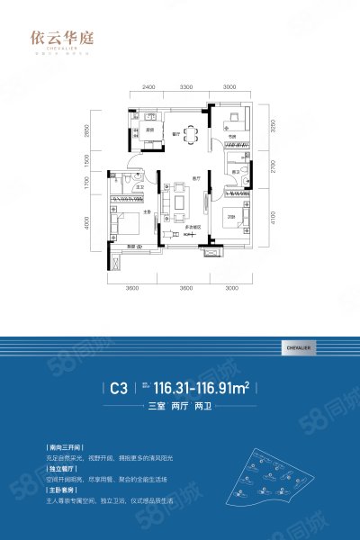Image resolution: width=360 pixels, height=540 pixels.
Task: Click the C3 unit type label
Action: (118, 390)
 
